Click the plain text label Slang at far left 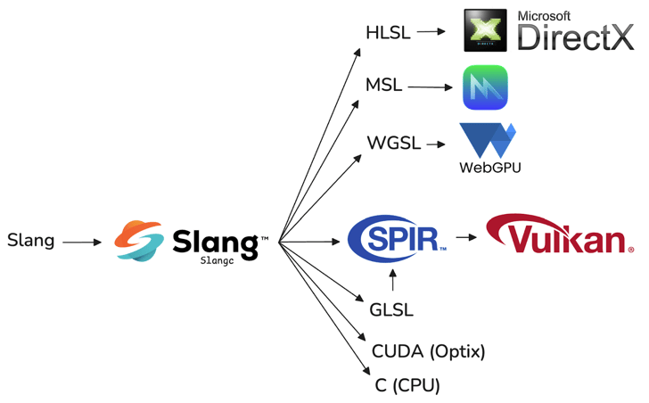pos(30,241)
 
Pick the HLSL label pos(387,33)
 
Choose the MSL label pos(384,86)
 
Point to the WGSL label pos(393,144)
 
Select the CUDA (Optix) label pos(429,351)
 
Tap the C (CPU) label pos(407,387)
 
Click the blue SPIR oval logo pos(395,240)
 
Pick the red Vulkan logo pos(560,234)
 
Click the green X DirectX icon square pos(487,30)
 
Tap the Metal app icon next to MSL pos(485,87)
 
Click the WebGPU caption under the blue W pos(489,167)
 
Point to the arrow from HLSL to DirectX pos(431,32)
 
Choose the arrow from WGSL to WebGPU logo pos(436,144)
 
